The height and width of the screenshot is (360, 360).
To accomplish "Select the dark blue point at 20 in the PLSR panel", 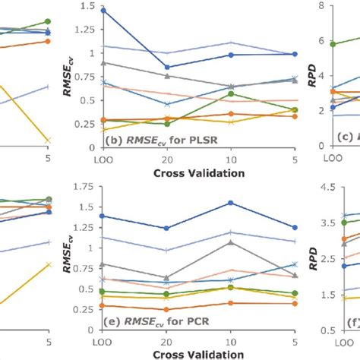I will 167,67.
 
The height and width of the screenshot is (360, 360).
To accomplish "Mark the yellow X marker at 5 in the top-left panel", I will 49,140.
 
